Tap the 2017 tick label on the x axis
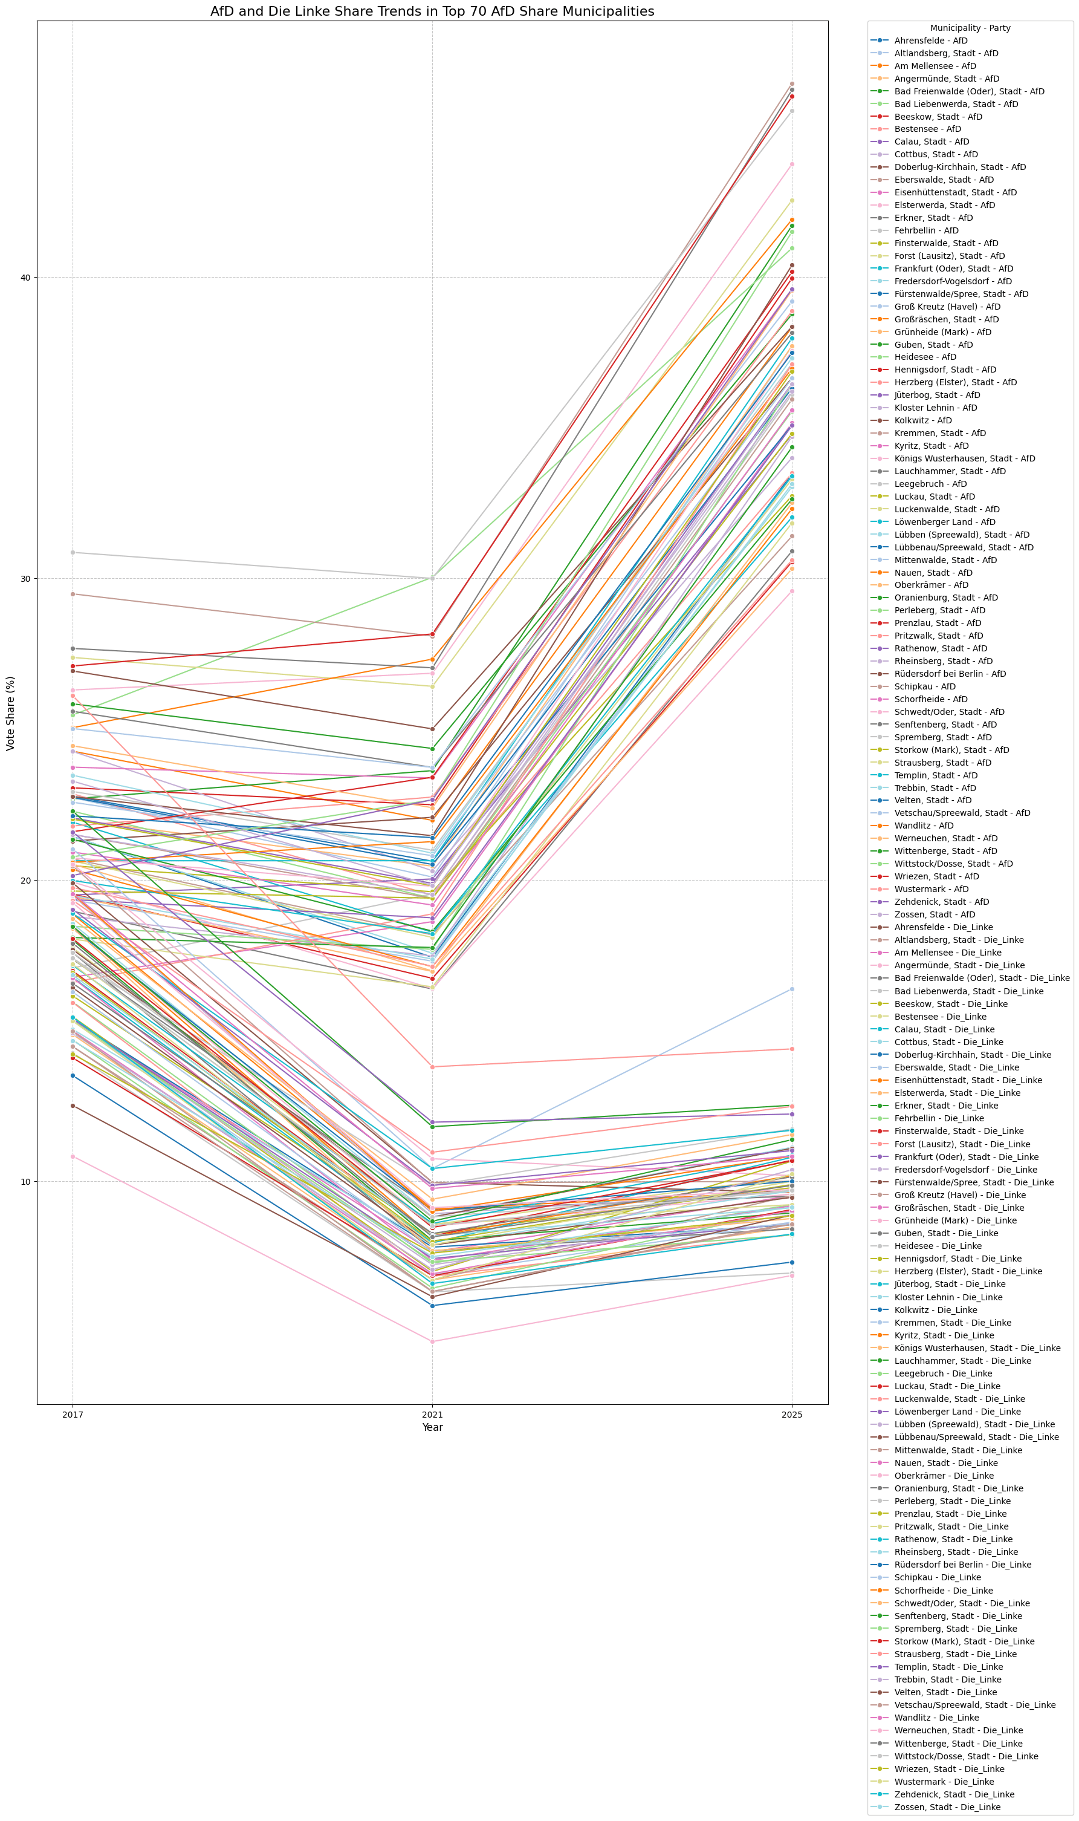click(72, 1415)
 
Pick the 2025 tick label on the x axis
click(792, 1415)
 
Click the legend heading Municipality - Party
click(970, 28)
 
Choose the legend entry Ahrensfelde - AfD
click(931, 41)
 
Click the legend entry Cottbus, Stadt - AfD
click(936, 154)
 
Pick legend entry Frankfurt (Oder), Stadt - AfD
click(953, 269)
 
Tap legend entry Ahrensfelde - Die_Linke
click(943, 927)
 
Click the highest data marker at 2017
click(72, 552)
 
